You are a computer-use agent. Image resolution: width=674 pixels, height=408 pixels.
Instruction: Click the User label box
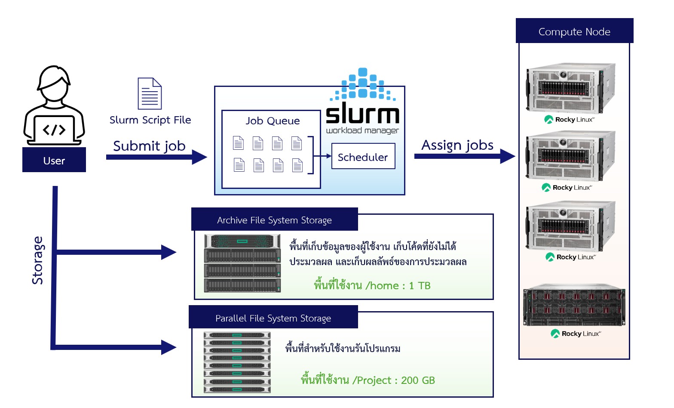(54, 160)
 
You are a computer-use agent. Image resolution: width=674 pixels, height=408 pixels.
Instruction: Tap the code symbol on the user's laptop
(54, 130)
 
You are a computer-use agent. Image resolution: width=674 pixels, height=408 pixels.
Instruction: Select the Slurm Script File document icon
(150, 93)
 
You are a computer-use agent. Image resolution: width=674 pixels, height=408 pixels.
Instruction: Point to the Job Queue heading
(273, 121)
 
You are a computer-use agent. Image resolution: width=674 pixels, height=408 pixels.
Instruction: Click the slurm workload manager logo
(362, 102)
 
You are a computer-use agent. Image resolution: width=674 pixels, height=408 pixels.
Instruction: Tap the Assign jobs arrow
(464, 156)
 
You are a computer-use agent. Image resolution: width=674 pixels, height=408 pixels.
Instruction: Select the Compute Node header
(574, 31)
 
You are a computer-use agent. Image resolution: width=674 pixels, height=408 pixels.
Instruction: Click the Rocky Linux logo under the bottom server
(576, 334)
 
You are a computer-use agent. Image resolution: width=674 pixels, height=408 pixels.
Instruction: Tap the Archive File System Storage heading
(274, 220)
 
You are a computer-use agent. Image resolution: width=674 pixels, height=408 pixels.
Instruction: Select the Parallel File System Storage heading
(273, 318)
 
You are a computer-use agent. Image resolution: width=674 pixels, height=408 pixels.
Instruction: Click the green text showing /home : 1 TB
(372, 285)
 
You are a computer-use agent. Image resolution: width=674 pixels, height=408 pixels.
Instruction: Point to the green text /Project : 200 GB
(368, 380)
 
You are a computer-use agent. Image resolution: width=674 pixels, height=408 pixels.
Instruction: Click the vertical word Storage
(38, 260)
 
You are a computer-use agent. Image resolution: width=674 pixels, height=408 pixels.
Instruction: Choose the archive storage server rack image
(242, 263)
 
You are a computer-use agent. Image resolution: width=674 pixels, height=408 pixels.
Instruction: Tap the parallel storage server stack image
(237, 362)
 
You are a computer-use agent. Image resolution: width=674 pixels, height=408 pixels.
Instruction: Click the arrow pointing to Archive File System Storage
(116, 252)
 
